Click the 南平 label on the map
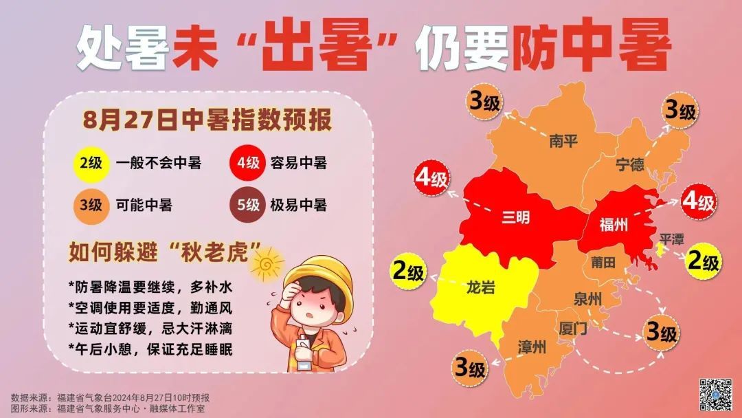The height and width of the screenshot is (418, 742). pyautogui.click(x=563, y=142)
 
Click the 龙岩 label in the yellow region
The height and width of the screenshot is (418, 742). pyautogui.click(x=480, y=287)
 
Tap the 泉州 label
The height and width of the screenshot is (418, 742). pyautogui.click(x=587, y=299)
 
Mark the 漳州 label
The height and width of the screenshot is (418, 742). pyautogui.click(x=532, y=347)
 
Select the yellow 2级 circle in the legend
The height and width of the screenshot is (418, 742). pyautogui.click(x=89, y=164)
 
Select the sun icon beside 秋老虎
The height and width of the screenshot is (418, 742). pyautogui.click(x=267, y=262)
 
